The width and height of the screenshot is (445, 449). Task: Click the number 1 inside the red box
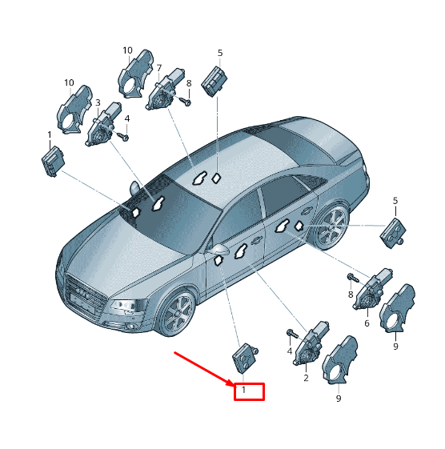pyautogui.click(x=243, y=390)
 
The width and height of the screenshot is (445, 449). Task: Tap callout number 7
pyautogui.click(x=159, y=68)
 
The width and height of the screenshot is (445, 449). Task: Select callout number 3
pyautogui.click(x=98, y=102)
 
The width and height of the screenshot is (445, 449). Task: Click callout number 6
pyautogui.click(x=367, y=323)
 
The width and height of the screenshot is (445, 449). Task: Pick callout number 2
pyautogui.click(x=306, y=378)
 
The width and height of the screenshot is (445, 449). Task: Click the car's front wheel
pyautogui.click(x=178, y=314)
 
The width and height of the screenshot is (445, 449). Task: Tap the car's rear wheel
pyautogui.click(x=331, y=226)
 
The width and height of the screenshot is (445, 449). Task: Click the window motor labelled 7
pyautogui.click(x=164, y=90)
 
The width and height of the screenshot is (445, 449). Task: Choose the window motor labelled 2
pyautogui.click(x=311, y=343)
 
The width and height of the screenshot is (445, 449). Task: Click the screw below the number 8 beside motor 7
pyautogui.click(x=186, y=101)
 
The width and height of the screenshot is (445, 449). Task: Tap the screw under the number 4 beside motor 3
pyautogui.click(x=122, y=137)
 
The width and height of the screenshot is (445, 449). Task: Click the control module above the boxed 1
pyautogui.click(x=245, y=358)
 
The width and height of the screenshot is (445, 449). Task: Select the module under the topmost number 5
pyautogui.click(x=214, y=82)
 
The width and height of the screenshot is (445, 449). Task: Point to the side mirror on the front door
pyautogui.click(x=219, y=250)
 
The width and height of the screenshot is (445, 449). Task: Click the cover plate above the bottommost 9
pyautogui.click(x=340, y=359)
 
